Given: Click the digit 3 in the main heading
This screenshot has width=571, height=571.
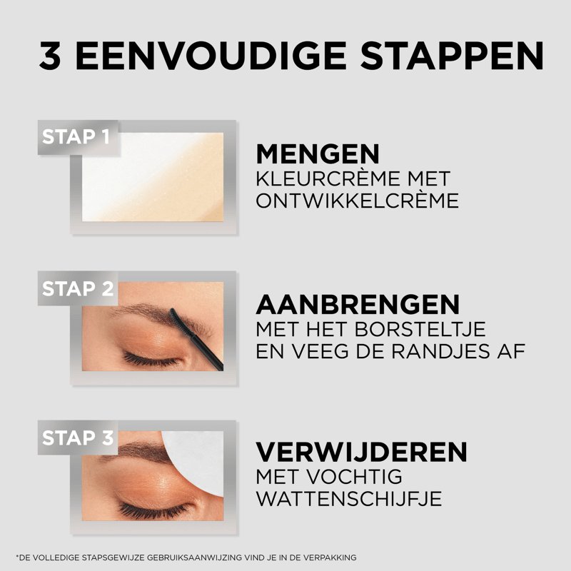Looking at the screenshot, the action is [x=50, y=56].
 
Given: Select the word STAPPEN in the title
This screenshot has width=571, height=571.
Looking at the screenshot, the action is [x=452, y=56].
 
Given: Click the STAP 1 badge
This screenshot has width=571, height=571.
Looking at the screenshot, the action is [x=78, y=137].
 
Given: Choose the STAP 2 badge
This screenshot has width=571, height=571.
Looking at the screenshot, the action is [x=78, y=288].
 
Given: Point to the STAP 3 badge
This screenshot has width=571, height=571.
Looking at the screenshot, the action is [x=78, y=438].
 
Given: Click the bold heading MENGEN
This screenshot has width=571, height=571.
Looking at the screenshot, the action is [x=318, y=154].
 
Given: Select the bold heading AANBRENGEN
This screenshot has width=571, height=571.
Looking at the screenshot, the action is [x=358, y=305].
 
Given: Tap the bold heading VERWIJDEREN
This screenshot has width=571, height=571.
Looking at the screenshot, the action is [x=361, y=453].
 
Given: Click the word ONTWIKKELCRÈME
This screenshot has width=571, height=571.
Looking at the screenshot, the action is [x=358, y=201].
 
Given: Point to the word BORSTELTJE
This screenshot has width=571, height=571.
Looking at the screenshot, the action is [x=420, y=329].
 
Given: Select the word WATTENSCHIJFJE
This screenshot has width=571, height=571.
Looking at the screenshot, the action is [x=349, y=499].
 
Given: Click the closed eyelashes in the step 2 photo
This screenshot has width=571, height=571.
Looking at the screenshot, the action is [x=150, y=360].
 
